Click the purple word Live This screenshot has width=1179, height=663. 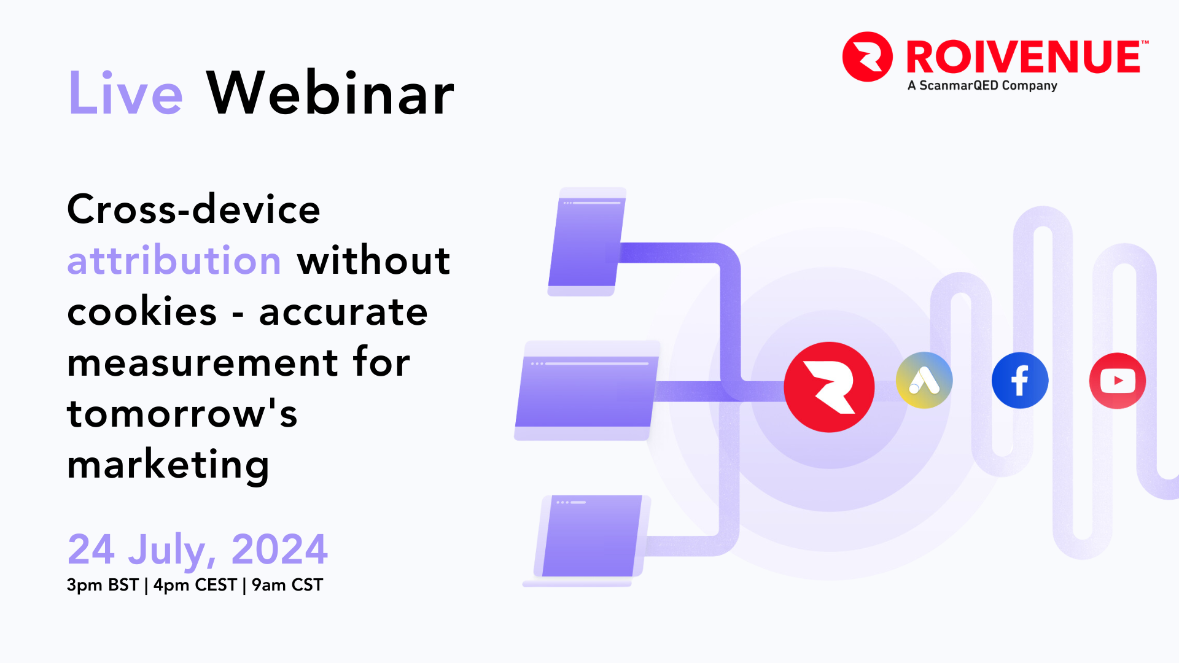125,93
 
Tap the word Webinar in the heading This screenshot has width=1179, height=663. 330,93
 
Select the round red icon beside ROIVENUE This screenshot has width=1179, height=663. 868,56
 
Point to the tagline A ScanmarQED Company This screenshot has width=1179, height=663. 982,85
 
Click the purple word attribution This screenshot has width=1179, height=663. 174,260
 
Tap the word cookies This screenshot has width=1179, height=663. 142,312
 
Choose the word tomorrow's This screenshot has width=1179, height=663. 182,413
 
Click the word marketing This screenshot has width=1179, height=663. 168,465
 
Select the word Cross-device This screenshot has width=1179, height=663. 194,209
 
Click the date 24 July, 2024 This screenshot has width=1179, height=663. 198,549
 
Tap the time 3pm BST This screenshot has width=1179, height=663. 103,585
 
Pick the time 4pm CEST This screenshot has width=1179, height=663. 195,585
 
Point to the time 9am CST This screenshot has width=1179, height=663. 287,585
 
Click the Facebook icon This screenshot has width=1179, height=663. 1020,381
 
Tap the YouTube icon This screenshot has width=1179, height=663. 1118,381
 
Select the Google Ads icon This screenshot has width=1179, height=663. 924,381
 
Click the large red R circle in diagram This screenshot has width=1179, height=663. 830,387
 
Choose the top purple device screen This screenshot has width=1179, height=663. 587,242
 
